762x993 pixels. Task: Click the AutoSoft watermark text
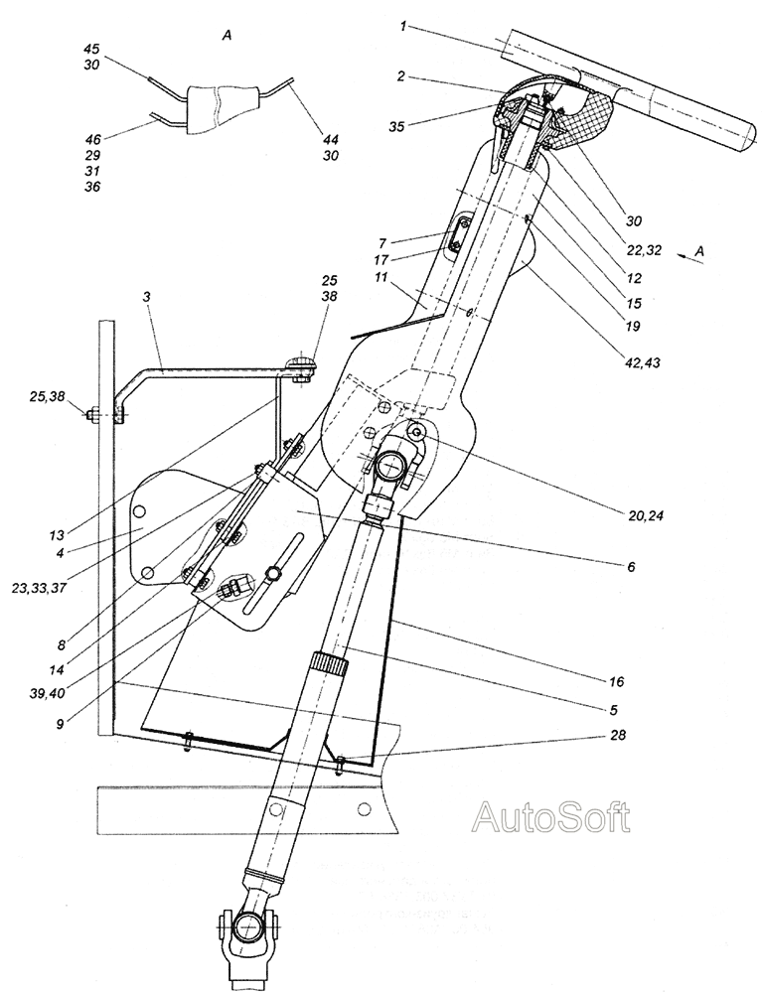pyautogui.click(x=551, y=817)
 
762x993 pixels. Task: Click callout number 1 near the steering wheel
pyautogui.click(x=403, y=27)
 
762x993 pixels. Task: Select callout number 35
pyautogui.click(x=397, y=127)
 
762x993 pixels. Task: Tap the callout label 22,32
pyautogui.click(x=644, y=251)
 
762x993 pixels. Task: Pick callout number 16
pyautogui.click(x=616, y=681)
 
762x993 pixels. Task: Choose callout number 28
pyautogui.click(x=618, y=735)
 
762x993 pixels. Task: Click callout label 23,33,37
pyautogui.click(x=41, y=587)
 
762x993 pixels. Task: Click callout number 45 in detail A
pyautogui.click(x=91, y=49)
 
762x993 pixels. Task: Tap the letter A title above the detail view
pyautogui.click(x=227, y=37)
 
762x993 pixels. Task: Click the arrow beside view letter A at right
pyautogui.click(x=684, y=256)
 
